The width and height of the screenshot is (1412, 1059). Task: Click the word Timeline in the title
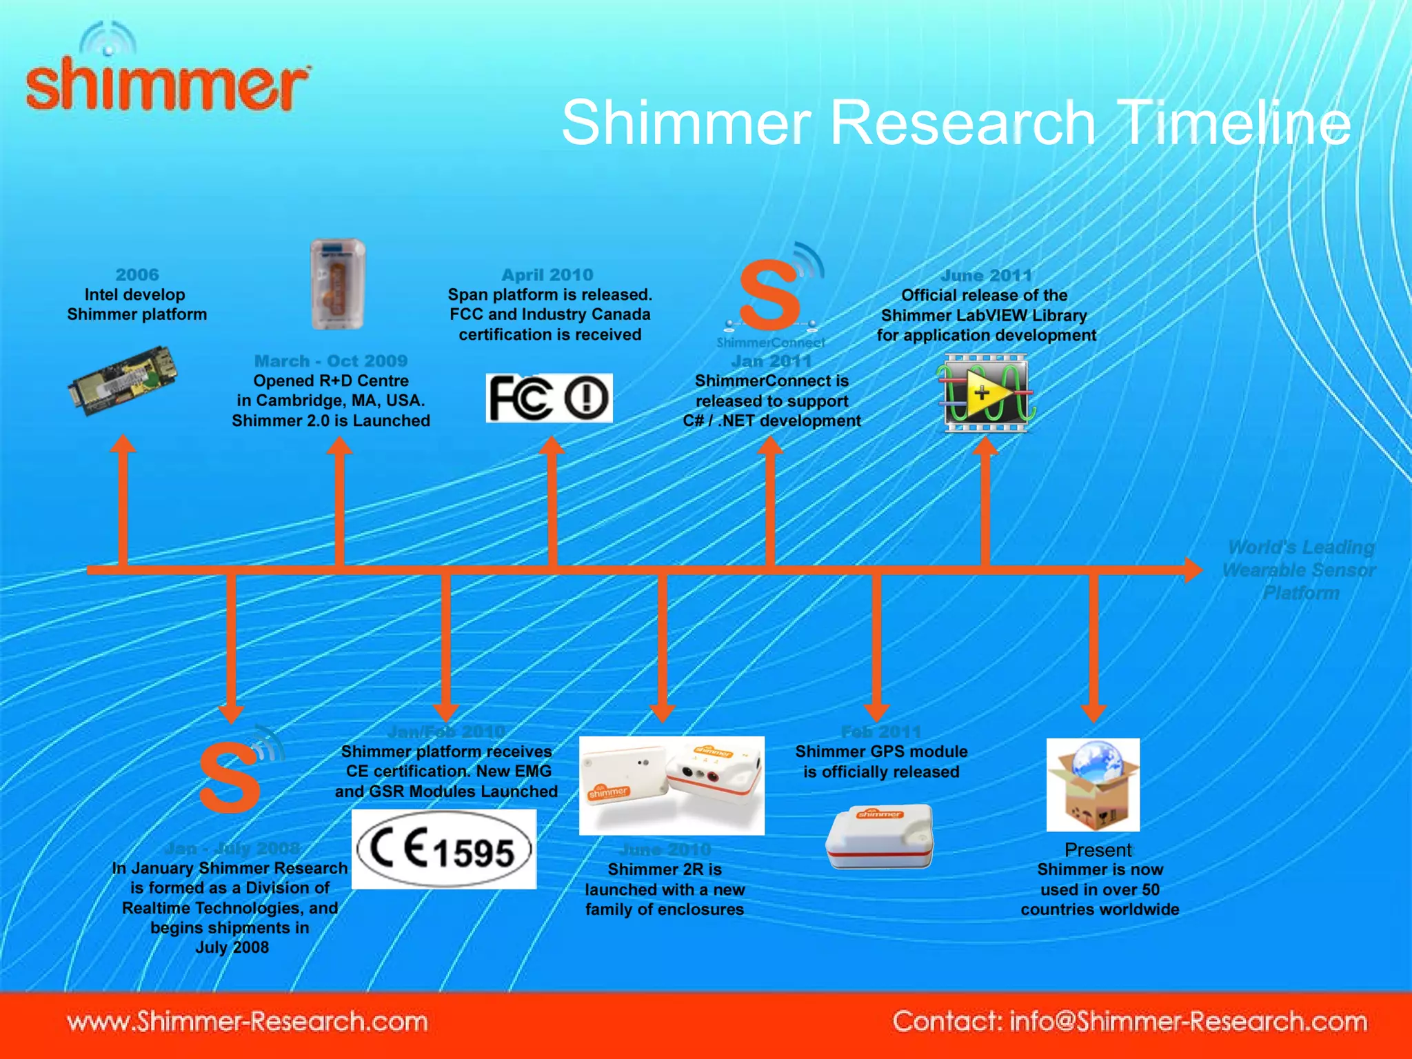coord(1234,123)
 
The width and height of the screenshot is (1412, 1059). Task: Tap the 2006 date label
coord(137,274)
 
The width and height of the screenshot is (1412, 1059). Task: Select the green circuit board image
coord(123,381)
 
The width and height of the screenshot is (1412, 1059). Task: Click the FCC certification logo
coord(549,399)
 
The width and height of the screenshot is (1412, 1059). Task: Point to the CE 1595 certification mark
coord(444,849)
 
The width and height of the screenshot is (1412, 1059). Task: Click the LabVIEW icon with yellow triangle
coord(985,394)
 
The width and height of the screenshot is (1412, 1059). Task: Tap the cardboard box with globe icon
coord(1093,785)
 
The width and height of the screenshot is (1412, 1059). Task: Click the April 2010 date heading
coord(547,274)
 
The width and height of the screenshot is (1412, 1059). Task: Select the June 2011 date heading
coord(986,275)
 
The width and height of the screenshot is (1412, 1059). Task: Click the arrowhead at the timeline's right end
coord(1193,570)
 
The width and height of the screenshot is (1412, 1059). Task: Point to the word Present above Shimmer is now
coord(1098,849)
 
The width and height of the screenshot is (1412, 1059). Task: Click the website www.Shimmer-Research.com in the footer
coord(247,1021)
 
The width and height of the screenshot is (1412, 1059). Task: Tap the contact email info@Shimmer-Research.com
coord(1187,1021)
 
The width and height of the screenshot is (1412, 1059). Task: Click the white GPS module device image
coord(879,836)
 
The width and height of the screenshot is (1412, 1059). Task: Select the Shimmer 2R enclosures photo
coord(672,785)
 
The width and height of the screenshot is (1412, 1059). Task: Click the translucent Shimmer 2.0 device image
coord(337,283)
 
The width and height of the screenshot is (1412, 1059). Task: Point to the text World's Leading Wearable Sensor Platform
coord(1300,570)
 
